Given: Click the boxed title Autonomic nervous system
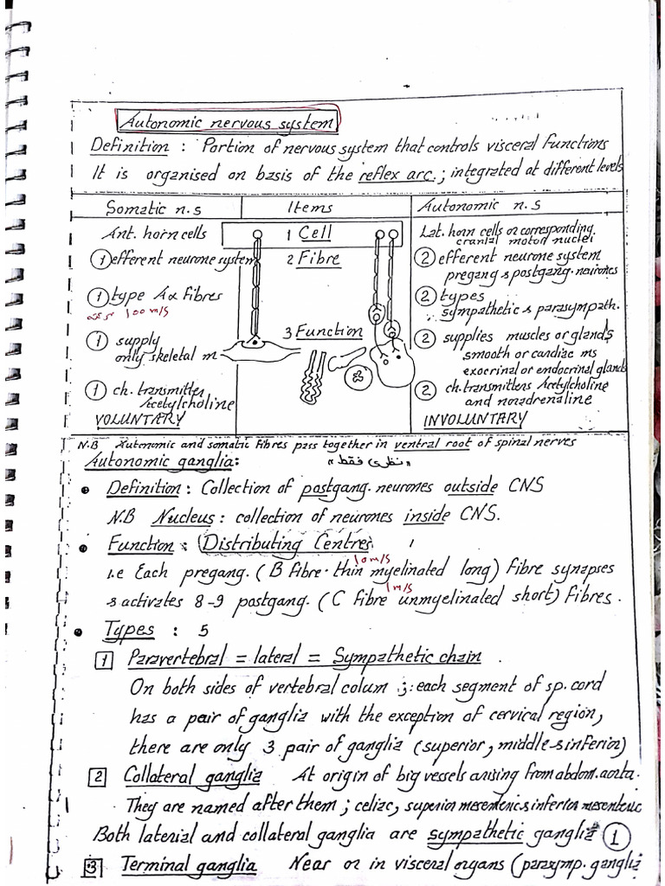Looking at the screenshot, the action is (227, 124).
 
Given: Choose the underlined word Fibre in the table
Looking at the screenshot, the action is (319, 259).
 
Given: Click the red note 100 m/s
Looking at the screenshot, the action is (119, 315).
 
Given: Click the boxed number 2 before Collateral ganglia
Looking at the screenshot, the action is (100, 777).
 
